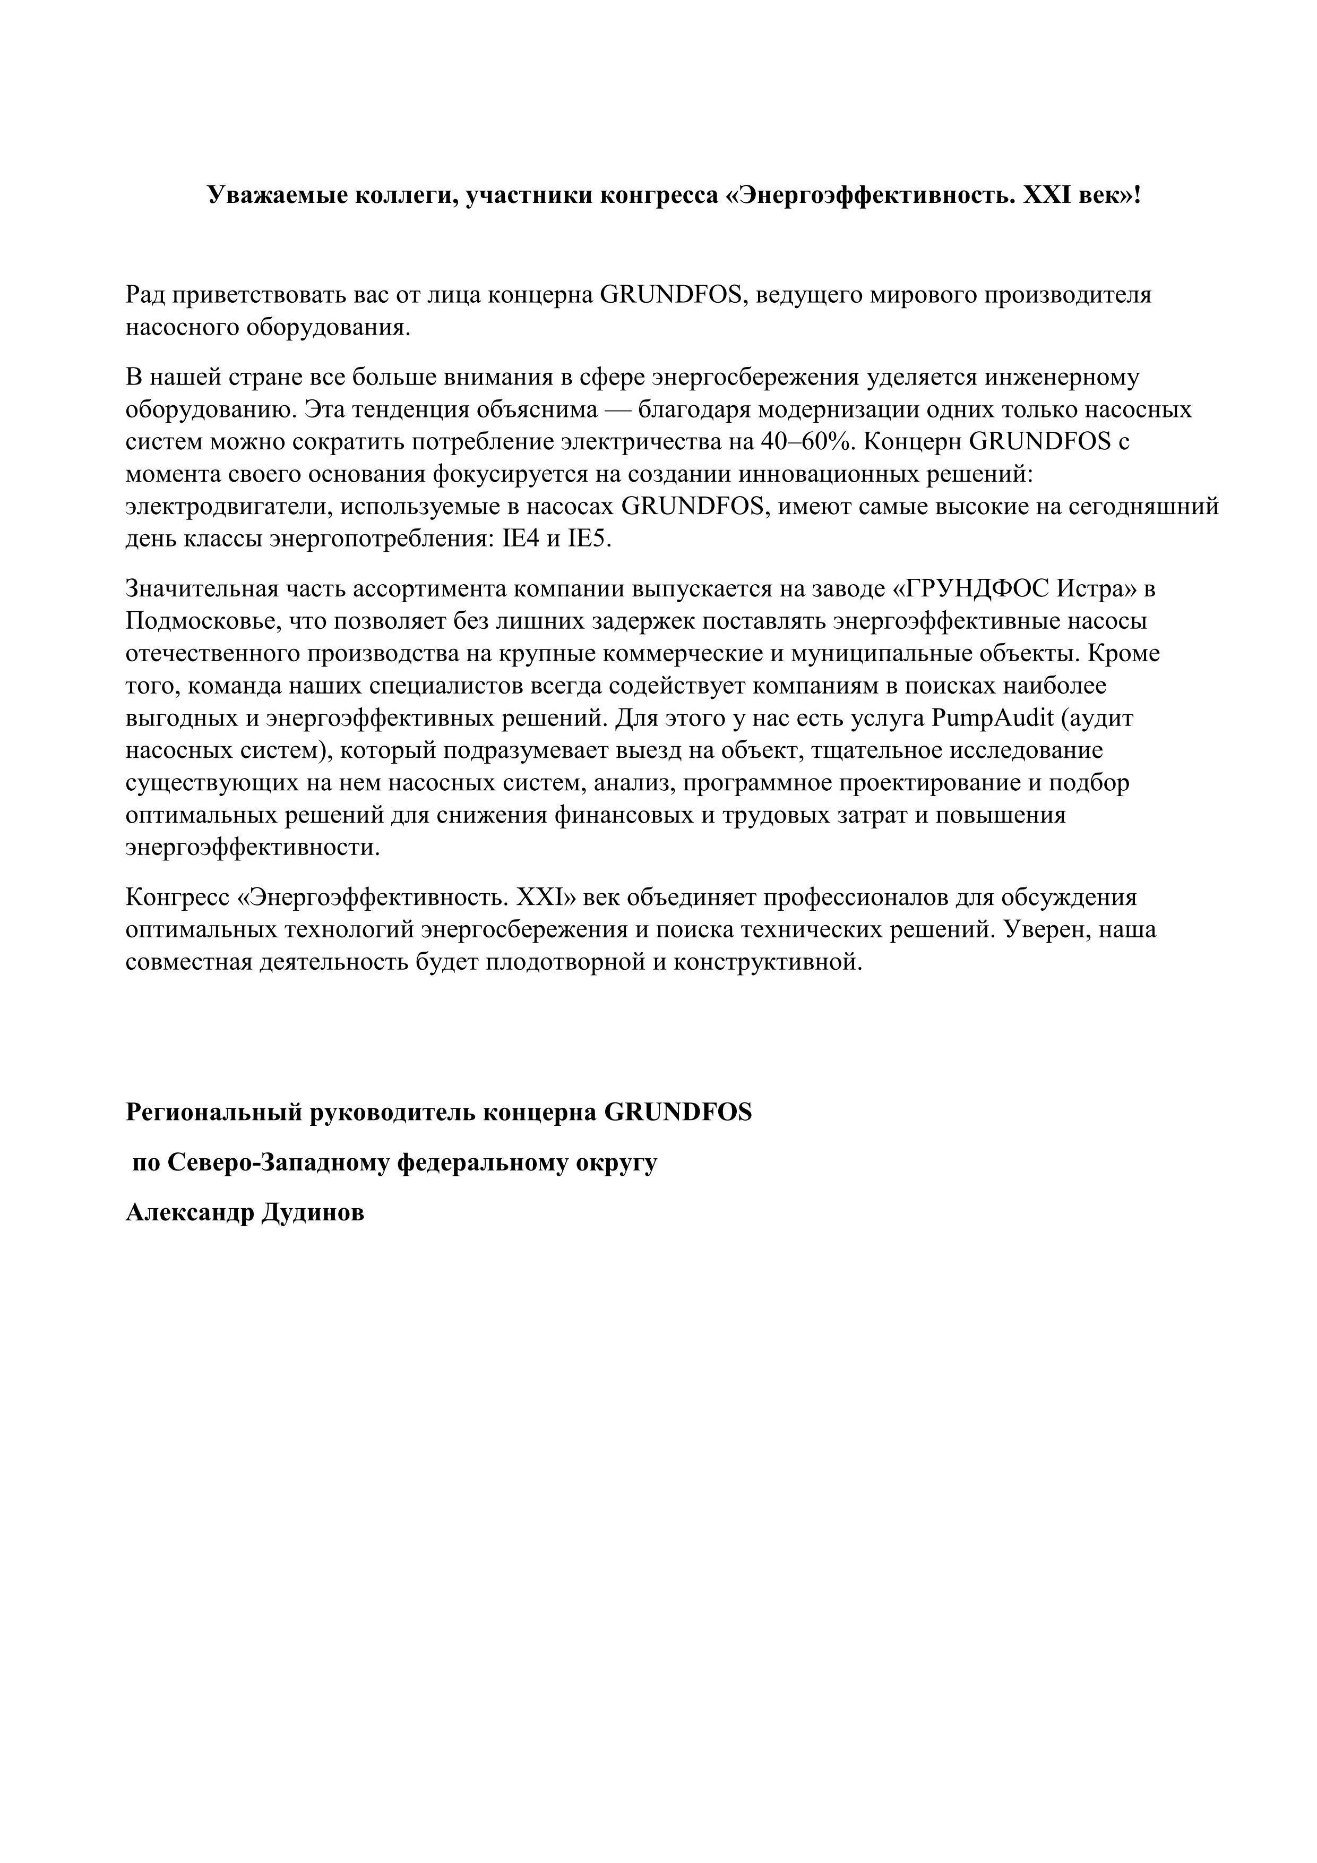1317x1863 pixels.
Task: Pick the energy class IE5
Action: point(587,540)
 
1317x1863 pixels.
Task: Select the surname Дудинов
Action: point(314,1213)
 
